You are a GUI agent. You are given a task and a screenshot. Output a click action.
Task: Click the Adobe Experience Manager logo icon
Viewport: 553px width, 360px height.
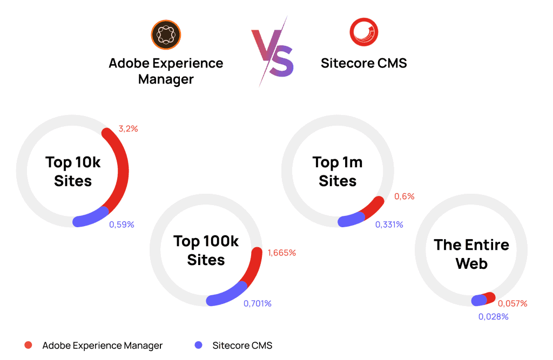[166, 34]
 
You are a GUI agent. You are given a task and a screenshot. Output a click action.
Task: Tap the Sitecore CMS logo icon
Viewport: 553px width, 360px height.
[363, 32]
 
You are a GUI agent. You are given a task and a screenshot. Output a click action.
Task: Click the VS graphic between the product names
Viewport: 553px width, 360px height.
[273, 51]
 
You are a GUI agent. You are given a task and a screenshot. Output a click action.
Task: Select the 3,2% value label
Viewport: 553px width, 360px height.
[128, 128]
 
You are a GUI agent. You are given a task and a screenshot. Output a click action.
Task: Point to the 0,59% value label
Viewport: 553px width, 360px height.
[122, 225]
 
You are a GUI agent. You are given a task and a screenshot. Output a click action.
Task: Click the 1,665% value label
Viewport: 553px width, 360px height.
[281, 253]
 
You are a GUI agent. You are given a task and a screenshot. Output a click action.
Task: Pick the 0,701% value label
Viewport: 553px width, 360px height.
[257, 303]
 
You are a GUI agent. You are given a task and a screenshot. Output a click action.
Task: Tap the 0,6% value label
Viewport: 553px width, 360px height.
[404, 196]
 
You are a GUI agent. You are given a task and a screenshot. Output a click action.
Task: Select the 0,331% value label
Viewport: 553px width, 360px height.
[389, 225]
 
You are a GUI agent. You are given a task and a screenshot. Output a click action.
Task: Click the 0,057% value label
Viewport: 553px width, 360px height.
[512, 303]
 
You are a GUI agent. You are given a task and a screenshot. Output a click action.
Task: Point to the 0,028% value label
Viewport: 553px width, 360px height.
[493, 316]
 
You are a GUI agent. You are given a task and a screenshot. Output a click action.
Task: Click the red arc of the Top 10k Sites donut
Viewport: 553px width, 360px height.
[122, 162]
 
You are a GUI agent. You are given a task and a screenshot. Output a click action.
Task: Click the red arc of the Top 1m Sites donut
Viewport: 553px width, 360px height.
[373, 207]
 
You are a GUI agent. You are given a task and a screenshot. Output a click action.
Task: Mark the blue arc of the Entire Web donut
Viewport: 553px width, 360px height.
[479, 300]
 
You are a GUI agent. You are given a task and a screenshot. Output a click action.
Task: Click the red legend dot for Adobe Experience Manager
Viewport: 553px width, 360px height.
[29, 345]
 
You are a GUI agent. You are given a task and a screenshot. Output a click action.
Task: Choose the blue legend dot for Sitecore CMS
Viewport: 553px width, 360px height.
[199, 345]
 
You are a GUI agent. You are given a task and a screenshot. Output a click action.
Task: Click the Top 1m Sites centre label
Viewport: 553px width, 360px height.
[338, 171]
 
